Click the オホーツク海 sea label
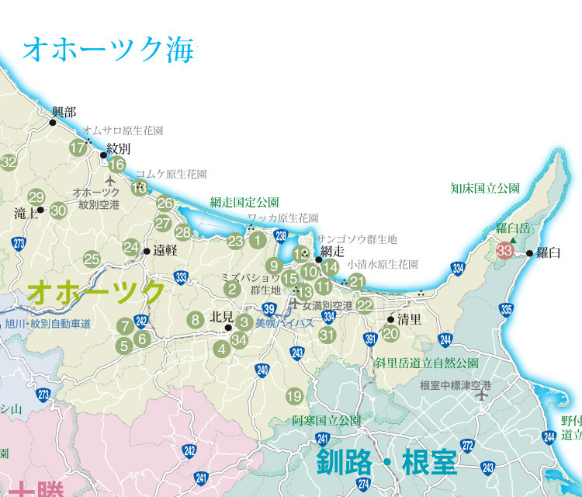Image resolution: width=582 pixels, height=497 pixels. click(108, 50)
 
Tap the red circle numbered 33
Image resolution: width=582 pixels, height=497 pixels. click(504, 250)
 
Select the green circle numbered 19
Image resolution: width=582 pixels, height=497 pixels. click(294, 396)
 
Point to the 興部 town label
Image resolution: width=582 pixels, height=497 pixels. click(64, 113)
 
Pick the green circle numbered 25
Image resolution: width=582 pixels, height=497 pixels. click(92, 259)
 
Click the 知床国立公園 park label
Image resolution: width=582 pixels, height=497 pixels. click(485, 188)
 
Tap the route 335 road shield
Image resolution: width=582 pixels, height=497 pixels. click(507, 310)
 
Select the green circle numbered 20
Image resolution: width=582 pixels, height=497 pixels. click(390, 333)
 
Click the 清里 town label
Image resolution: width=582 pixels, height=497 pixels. click(409, 319)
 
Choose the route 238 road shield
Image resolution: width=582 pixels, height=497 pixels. click(281, 236)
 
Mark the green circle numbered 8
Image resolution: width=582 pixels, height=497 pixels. click(196, 318)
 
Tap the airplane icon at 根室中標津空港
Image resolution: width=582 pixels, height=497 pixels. click(483, 395)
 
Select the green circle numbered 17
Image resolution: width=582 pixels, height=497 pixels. click(78, 148)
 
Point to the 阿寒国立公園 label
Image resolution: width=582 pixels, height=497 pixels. click(327, 420)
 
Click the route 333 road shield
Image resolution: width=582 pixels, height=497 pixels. click(181, 277)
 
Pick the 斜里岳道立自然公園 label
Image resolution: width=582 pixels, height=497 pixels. click(426, 363)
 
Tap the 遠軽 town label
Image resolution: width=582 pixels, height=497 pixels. click(165, 250)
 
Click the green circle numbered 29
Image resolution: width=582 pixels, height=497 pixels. click(36, 197)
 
